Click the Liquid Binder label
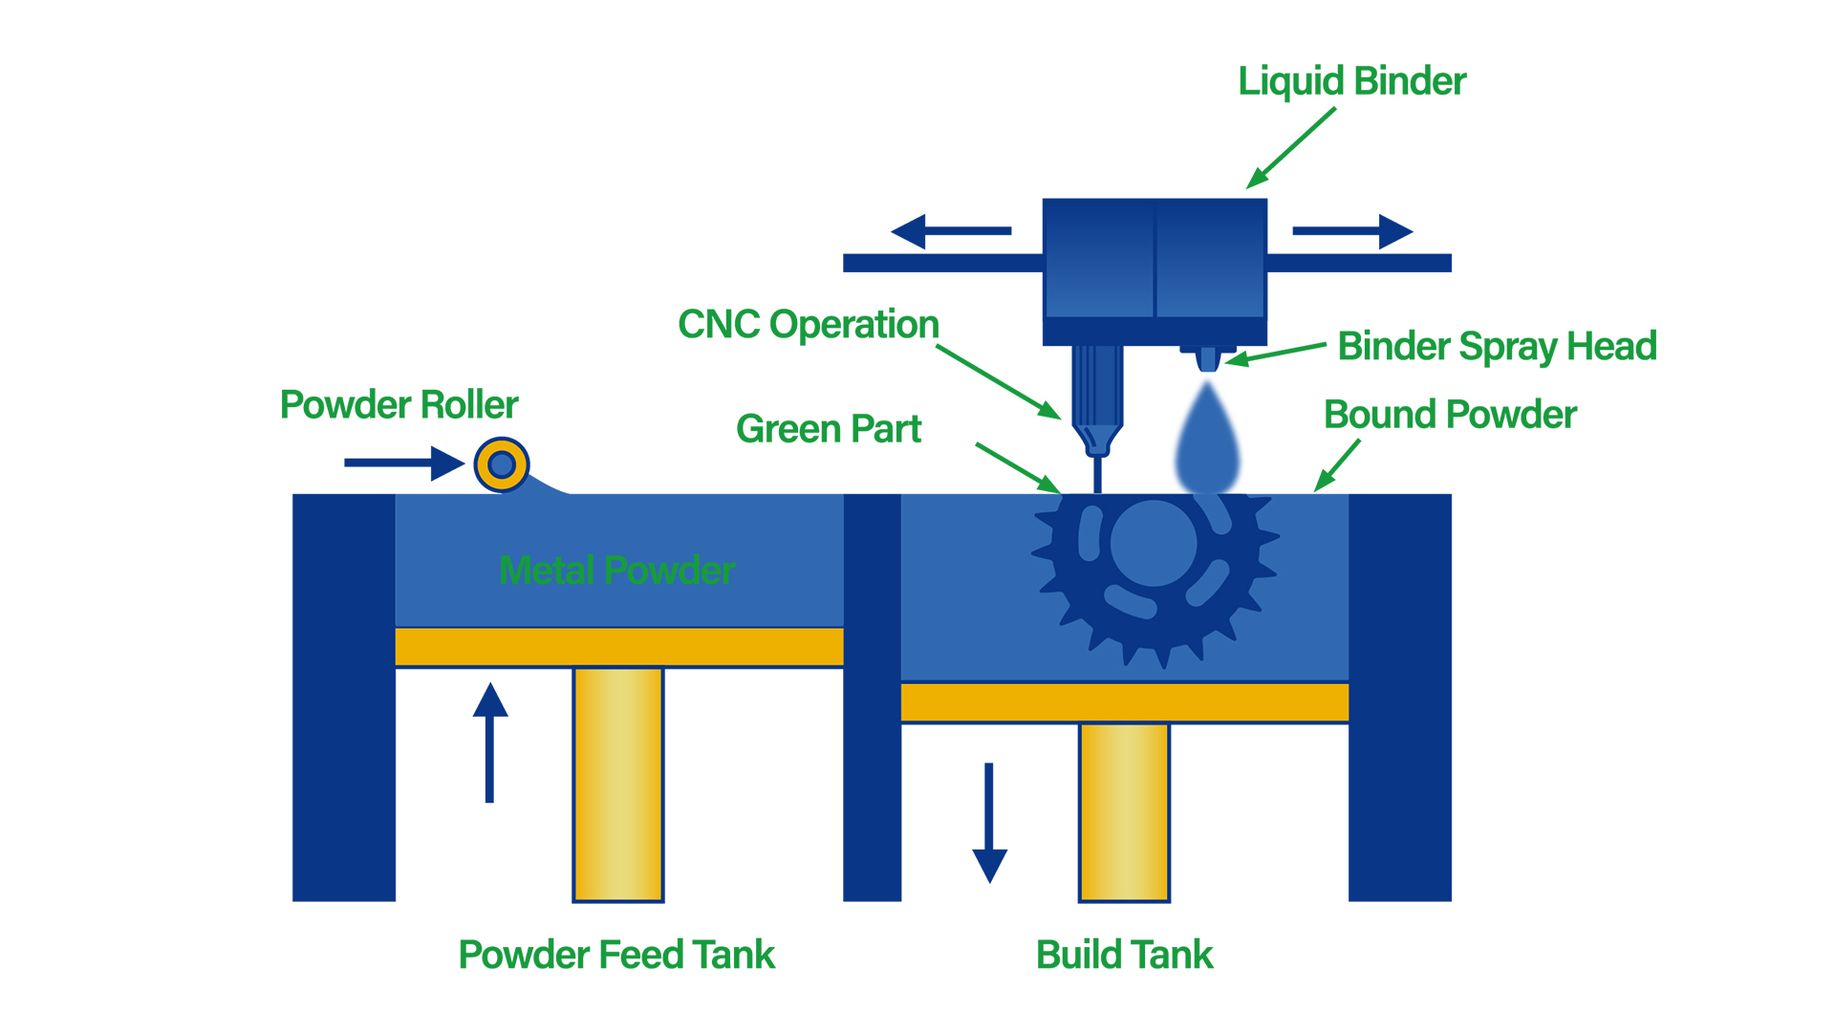pos(1351,81)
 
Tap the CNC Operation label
pos(809,325)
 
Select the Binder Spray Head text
pos(1497,346)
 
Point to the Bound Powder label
pos(1450,415)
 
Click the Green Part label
pos(829,429)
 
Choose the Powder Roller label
pos(399,405)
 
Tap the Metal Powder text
pos(616,570)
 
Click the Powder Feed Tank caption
pos(616,955)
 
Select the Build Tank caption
pos(1124,955)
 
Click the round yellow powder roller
pos(502,465)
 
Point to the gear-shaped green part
pos(1155,573)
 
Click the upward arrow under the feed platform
pos(490,741)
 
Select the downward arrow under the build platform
pos(989,822)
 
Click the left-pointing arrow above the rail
pos(950,231)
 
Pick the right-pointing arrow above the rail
pos(1352,231)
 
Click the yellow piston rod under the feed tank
pos(618,784)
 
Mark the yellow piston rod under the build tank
pos(1124,812)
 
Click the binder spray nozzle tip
pos(1208,360)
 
